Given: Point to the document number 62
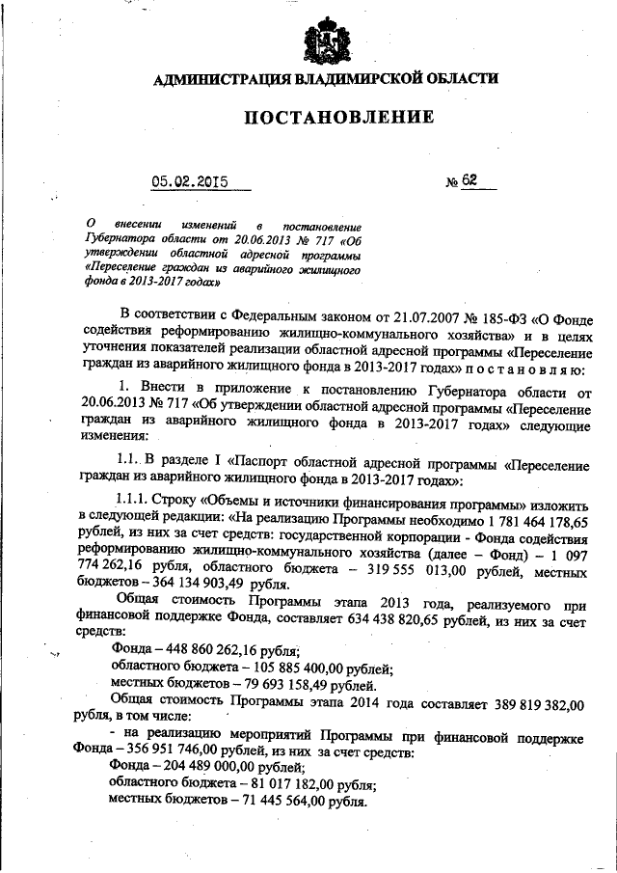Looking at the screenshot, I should click(x=469, y=181).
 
